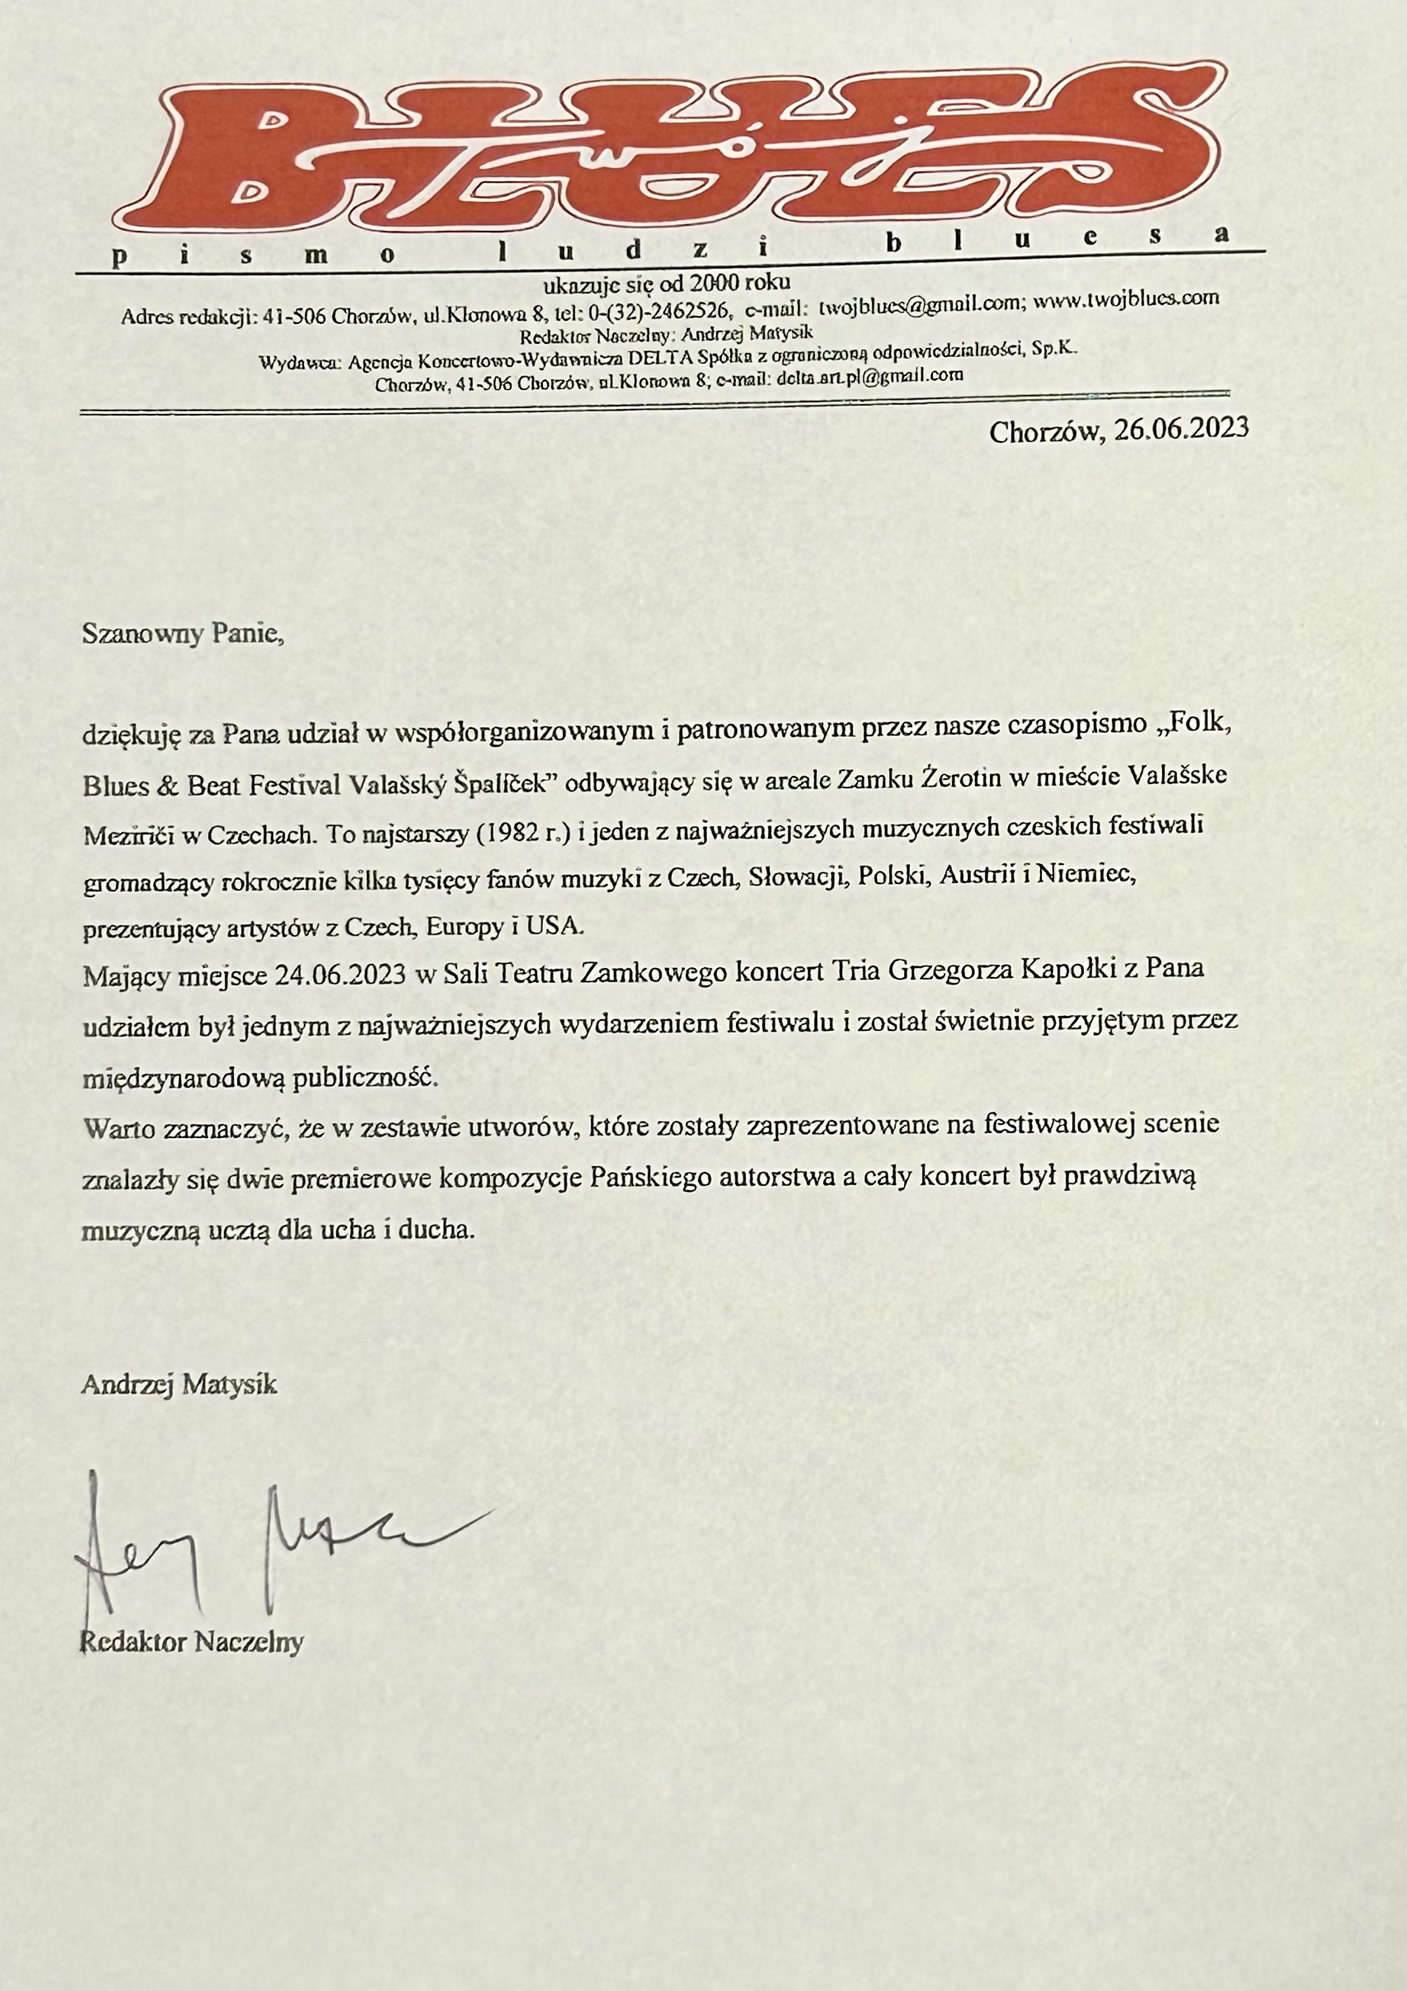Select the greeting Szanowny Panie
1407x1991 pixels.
pos(182,634)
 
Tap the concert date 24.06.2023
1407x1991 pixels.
pos(340,975)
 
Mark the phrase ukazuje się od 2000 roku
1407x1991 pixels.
pos(666,283)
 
